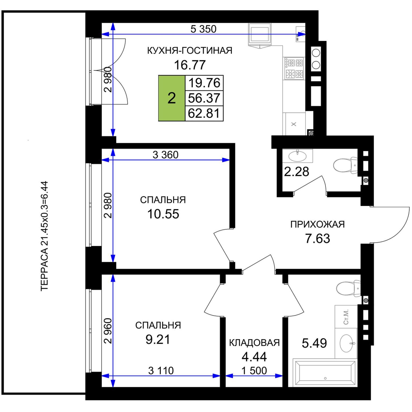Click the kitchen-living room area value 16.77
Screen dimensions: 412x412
click(190, 65)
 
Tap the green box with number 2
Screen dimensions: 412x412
click(172, 98)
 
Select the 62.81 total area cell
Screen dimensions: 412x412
click(204, 113)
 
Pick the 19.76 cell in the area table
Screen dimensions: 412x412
click(204, 83)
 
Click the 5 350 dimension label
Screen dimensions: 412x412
click(203, 29)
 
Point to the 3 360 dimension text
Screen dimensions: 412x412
click(165, 155)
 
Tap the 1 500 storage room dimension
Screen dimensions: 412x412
click(254, 371)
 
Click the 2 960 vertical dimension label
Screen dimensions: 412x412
click(108, 331)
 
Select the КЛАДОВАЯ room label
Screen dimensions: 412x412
click(254, 343)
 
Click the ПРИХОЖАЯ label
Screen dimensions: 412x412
click(318, 224)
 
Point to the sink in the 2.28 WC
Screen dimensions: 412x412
click(297, 156)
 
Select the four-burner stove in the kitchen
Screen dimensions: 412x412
click(294, 68)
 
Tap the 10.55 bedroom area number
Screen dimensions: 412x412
click(163, 214)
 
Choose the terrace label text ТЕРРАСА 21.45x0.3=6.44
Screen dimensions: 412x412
click(44, 236)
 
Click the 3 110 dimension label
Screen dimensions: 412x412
click(161, 371)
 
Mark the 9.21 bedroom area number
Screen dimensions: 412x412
click(158, 340)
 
